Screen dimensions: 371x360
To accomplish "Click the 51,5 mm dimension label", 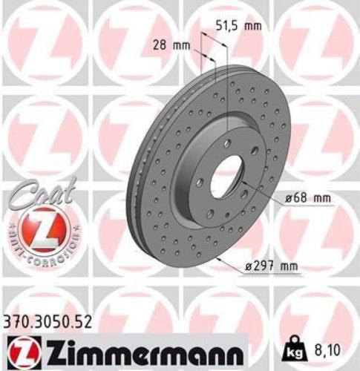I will pyautogui.click(x=240, y=27).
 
